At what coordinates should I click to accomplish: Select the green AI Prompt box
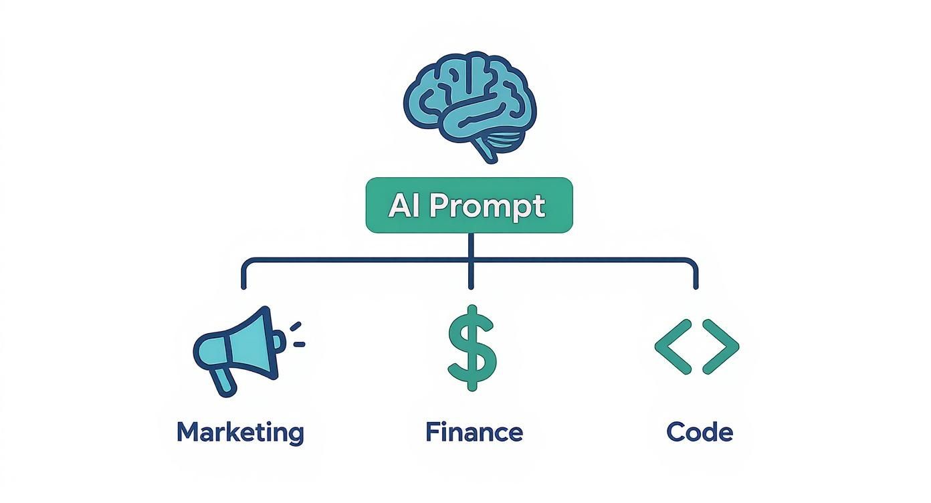469,205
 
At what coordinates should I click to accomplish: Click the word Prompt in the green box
487,206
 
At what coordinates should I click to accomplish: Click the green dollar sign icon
472,348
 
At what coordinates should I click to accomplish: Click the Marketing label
240,433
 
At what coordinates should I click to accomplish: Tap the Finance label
474,432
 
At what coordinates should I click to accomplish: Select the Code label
700,432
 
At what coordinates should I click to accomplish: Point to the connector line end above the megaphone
243,285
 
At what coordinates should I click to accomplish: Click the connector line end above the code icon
696,285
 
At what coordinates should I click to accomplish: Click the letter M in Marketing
189,432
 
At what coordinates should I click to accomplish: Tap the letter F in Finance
431,432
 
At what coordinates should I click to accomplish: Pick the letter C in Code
676,432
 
